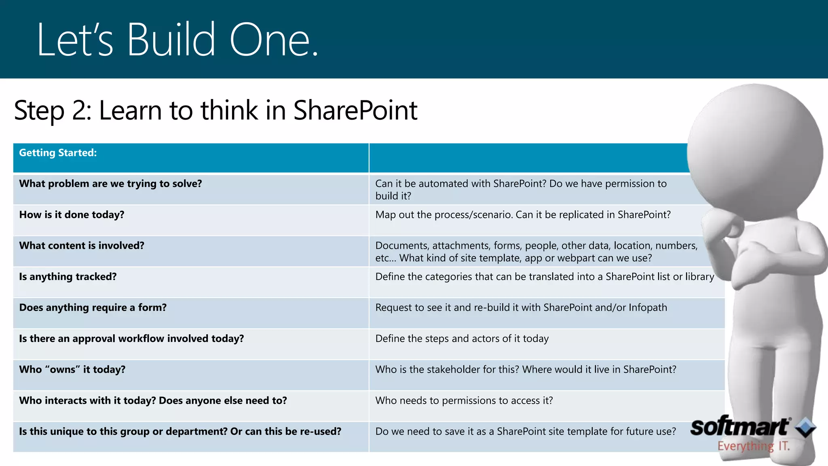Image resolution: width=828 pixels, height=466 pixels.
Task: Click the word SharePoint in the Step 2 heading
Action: (355, 110)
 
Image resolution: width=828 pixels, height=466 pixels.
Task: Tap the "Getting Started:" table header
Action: (58, 153)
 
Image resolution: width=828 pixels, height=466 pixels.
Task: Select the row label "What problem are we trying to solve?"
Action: (110, 184)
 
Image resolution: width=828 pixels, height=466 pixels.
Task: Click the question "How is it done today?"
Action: (72, 215)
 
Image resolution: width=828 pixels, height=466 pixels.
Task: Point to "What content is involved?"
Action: (82, 246)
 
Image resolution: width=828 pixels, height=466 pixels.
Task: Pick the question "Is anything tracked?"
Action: (68, 277)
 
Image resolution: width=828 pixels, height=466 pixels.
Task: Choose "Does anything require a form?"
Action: (93, 308)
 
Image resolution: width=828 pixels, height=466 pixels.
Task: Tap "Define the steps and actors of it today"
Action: (462, 339)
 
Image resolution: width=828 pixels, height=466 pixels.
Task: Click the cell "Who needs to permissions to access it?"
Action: (464, 400)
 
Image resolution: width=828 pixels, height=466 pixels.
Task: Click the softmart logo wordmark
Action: (740, 427)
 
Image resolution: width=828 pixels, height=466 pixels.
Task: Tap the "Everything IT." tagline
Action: (753, 447)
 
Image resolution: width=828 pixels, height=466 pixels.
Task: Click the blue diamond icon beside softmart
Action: (805, 427)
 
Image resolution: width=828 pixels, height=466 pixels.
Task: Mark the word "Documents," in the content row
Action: (402, 246)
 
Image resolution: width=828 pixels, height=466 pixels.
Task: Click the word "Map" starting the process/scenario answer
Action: (385, 215)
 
